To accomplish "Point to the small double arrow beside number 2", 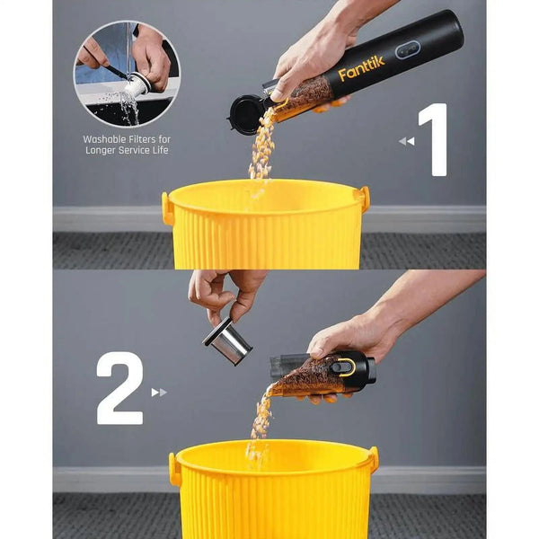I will point(159,392).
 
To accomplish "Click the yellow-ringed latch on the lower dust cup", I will point(345,367).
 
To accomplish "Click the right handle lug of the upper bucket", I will point(364,199).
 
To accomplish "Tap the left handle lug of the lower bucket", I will point(175,468).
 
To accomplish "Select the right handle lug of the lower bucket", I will point(372,460).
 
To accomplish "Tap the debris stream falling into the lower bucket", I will point(261,422).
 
